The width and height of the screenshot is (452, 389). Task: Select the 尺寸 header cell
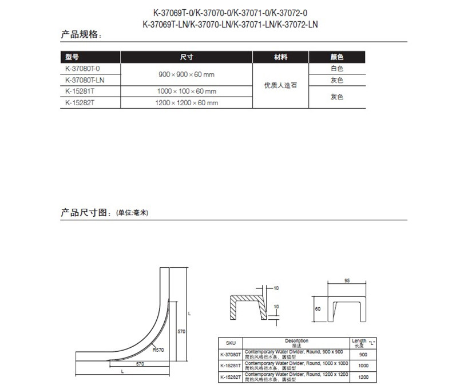pos(187,57)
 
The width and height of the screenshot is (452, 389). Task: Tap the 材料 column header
pos(280,57)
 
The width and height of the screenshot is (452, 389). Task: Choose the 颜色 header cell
pos(336,57)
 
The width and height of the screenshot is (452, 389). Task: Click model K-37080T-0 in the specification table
pos(83,69)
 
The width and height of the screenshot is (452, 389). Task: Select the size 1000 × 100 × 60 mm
pos(187,92)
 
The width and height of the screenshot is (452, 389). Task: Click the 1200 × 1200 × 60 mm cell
pos(187,103)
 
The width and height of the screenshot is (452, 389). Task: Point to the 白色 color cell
pos(336,69)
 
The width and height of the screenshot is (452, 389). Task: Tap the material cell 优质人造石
pos(280,86)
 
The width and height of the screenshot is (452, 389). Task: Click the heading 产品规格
pos(81,35)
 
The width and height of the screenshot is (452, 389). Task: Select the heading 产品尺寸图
pos(85,212)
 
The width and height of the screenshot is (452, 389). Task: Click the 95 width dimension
pos(347,281)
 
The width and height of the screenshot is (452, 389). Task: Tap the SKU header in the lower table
pos(231,342)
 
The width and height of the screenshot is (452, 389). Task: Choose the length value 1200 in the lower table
pos(363,378)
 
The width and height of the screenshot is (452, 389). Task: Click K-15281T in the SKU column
pos(231,366)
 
